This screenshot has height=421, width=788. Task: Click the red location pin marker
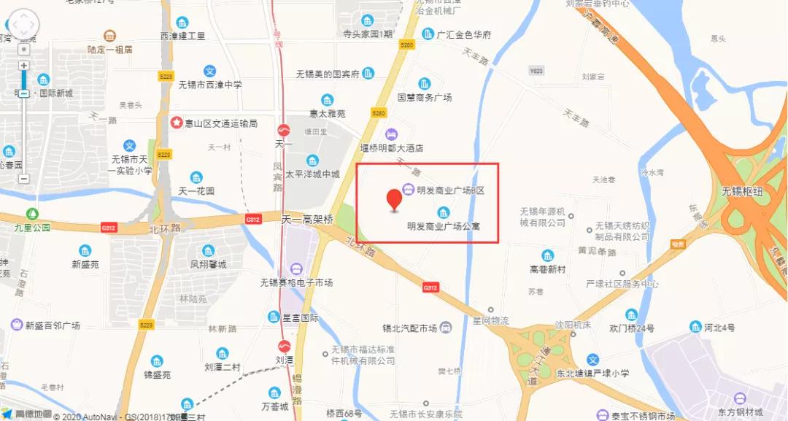coord(395,198)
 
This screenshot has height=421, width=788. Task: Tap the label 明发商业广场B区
coord(451,190)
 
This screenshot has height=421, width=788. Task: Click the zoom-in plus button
coord(24,66)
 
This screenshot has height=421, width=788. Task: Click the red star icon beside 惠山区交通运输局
coord(176,123)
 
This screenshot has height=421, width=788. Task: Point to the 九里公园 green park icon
coord(32,214)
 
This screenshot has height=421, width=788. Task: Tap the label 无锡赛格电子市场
coord(297,282)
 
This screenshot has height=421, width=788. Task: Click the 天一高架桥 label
coord(308,219)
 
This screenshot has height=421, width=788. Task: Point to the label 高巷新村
coord(548,269)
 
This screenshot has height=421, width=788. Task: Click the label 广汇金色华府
coord(464,34)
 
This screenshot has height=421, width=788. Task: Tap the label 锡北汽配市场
coord(409,328)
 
